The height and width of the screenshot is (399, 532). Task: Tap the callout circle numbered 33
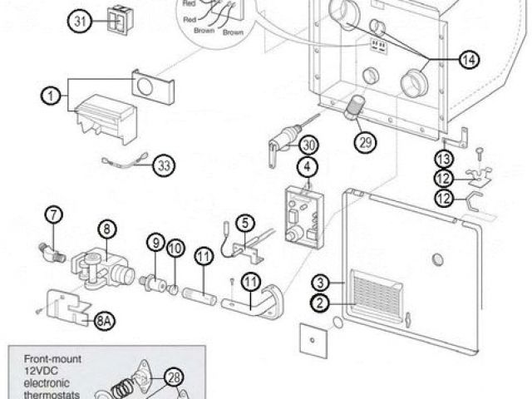(165, 165)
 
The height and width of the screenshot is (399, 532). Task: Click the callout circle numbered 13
(446, 158)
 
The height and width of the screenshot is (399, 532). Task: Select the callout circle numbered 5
(244, 222)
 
